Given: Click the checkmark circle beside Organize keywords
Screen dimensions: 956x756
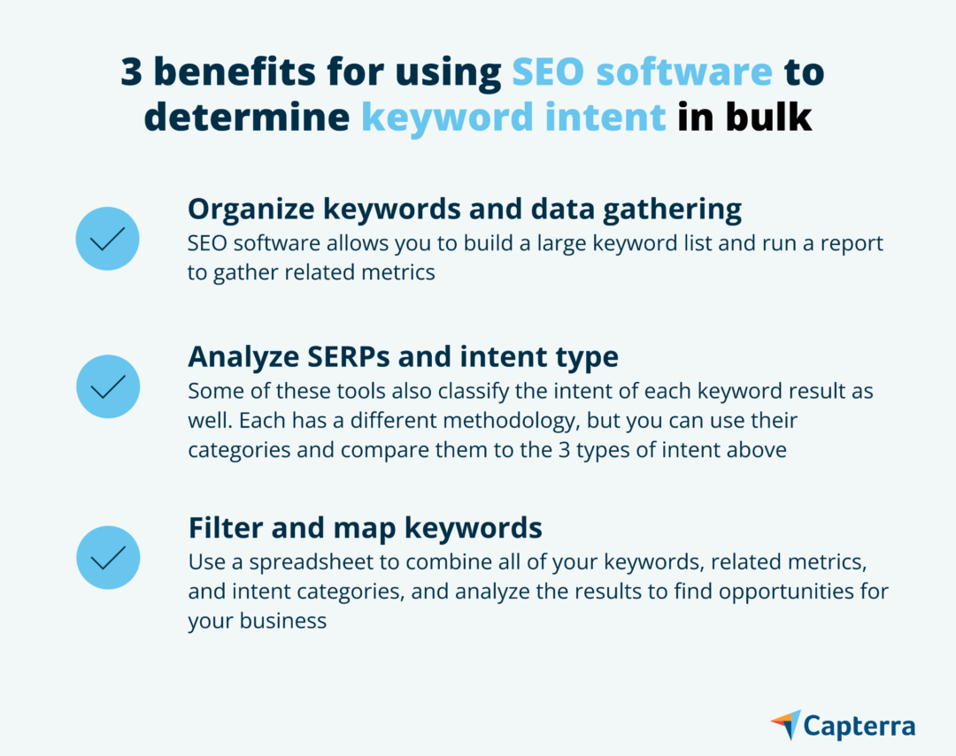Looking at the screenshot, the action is click(107, 238).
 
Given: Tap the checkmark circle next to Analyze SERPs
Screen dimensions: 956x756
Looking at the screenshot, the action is click(108, 386).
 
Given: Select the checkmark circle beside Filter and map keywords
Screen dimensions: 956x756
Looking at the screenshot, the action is click(108, 557).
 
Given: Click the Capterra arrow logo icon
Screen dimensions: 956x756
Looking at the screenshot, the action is click(786, 724).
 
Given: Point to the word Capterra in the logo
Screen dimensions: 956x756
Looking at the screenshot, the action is click(860, 726).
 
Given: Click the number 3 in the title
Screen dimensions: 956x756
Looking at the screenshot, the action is click(132, 72).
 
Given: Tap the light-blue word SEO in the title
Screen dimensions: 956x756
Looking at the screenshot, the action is click(548, 72).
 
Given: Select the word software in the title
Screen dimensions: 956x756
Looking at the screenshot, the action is click(684, 72).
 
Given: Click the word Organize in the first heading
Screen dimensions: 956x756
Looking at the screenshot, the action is click(251, 210).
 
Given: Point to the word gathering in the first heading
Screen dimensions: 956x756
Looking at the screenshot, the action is click(673, 210).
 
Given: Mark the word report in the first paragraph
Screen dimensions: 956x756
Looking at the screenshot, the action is click(852, 244).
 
